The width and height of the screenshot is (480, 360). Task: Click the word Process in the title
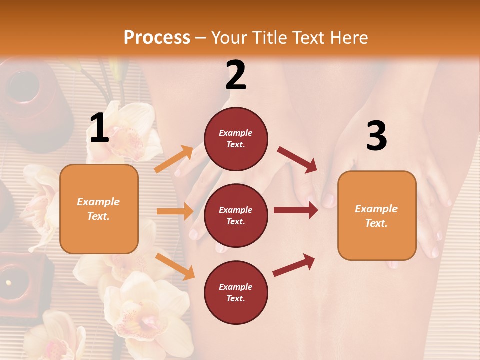point(157,37)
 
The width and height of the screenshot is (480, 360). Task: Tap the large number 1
point(99,128)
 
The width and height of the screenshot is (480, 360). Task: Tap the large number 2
point(236,75)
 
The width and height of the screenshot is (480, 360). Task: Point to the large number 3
point(376,136)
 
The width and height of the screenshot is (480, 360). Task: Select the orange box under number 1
point(99,209)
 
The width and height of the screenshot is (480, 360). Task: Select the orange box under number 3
point(377,215)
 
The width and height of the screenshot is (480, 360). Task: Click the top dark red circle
point(236,139)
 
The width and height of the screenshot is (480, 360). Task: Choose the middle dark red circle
point(236,215)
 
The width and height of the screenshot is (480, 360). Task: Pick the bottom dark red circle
point(236,292)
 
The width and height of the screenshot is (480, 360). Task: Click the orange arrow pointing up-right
point(174,159)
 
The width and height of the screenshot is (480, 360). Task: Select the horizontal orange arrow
point(175,211)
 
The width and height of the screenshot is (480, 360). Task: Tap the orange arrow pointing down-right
point(175,266)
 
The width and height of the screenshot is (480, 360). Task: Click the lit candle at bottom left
point(9,282)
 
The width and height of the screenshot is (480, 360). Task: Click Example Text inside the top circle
point(236,139)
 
